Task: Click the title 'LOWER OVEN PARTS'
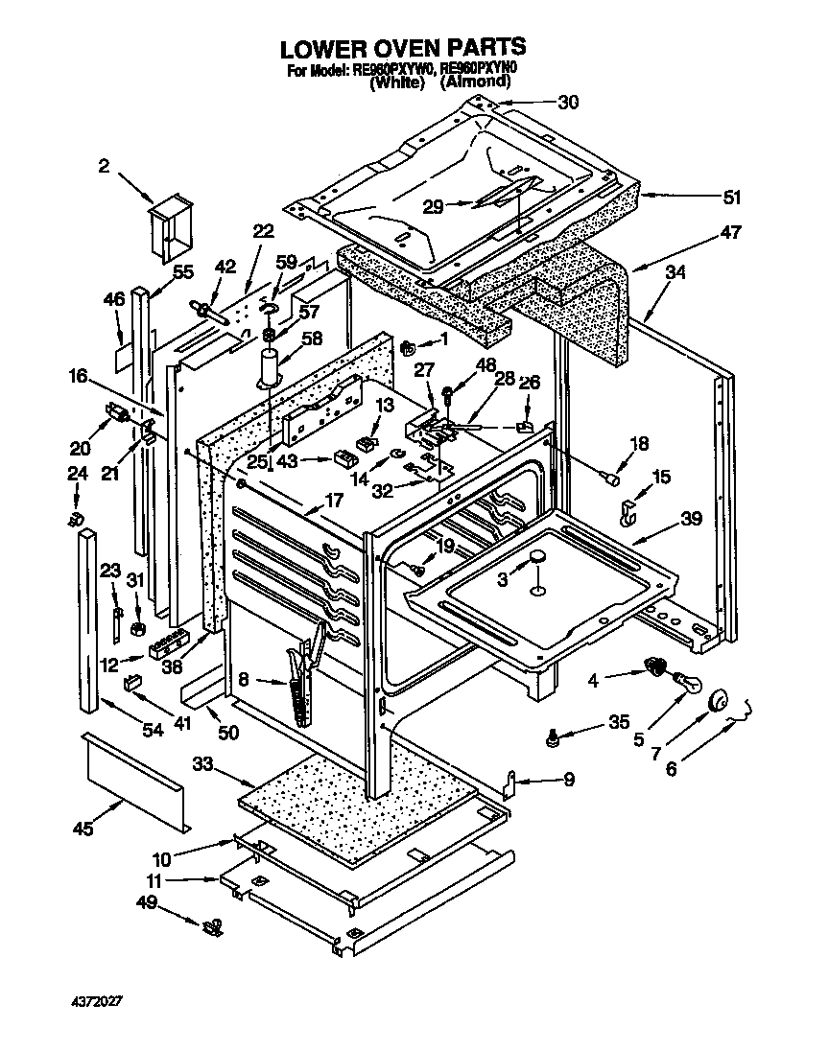coord(402,46)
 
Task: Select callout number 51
coord(732,198)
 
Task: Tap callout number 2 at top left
coord(104,166)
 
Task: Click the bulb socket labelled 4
coord(655,666)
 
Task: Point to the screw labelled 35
coord(553,738)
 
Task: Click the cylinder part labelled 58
coord(270,369)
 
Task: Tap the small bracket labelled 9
coord(512,783)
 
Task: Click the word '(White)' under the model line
coord(396,83)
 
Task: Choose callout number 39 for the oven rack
coord(692,518)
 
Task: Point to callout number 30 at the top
coord(569,103)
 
